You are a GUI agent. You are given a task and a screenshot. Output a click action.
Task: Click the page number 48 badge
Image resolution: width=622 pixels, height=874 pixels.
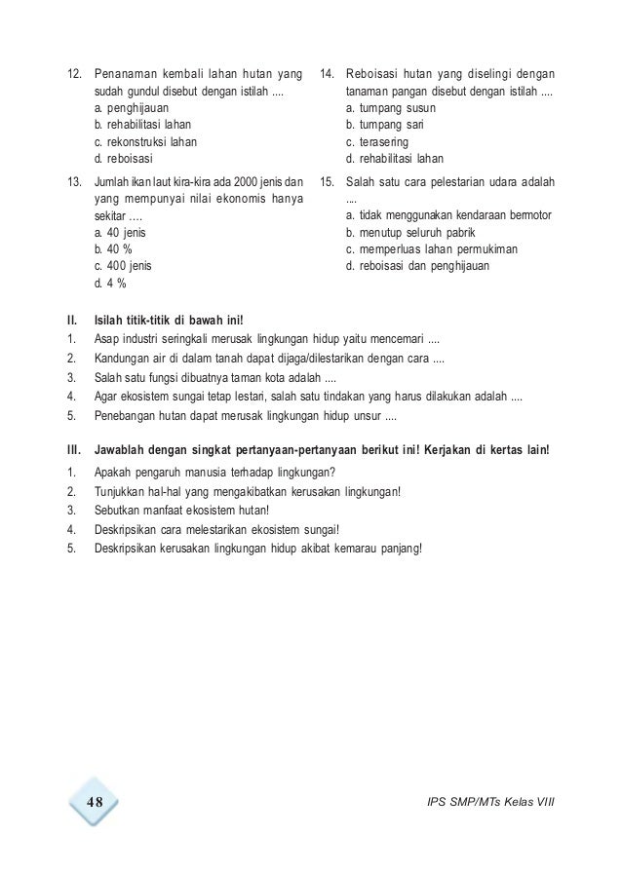click(93, 802)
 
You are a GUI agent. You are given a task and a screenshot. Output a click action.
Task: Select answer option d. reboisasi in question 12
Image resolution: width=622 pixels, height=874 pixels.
click(124, 157)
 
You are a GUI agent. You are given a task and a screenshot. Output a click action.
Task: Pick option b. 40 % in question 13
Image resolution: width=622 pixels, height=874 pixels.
click(114, 249)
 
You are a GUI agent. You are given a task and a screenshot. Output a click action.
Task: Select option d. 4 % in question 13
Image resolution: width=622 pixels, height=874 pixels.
click(110, 284)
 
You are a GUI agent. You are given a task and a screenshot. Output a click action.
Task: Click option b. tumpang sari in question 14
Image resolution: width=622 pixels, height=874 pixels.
click(390, 125)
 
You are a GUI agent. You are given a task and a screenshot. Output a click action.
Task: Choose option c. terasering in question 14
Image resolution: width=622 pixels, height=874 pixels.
click(383, 141)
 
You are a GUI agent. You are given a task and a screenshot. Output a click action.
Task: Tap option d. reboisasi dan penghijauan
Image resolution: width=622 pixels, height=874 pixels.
click(418, 266)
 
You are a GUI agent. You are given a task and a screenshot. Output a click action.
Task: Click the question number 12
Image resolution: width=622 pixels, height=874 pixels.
click(71, 74)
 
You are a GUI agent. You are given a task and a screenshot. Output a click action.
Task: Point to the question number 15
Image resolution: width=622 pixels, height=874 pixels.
click(328, 182)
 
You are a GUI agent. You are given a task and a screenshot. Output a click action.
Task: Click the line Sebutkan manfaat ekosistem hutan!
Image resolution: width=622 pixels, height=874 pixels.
click(182, 509)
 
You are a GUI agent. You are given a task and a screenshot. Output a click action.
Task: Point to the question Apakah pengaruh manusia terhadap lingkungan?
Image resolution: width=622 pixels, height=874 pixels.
click(214, 474)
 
